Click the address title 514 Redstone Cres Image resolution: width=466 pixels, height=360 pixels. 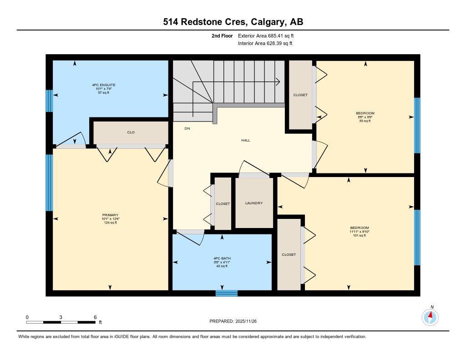coord(233,22)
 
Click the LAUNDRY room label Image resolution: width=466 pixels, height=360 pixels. coord(253,203)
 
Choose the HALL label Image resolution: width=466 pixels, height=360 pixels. coord(246,140)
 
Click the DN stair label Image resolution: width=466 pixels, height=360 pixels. coord(187,128)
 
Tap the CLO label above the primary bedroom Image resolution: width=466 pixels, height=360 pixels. coord(131,132)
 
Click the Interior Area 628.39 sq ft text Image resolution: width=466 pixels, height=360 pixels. coord(265,44)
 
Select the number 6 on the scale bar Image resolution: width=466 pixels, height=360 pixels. coord(95,317)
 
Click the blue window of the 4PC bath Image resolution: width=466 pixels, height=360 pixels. coord(227,293)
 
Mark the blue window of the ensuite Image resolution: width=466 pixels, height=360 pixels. coord(49,101)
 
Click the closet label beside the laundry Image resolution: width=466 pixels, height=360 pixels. coord(223,203)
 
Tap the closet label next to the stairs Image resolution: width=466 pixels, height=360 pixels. coord(300,95)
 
